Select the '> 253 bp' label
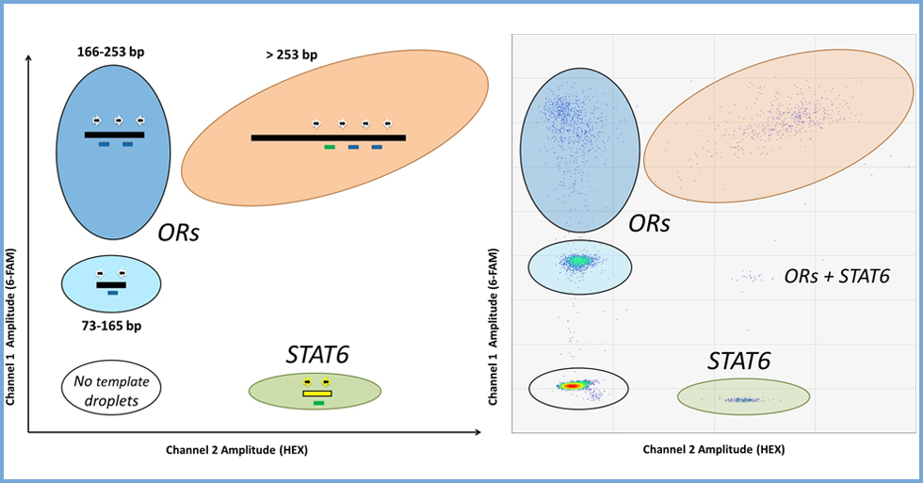tap(291, 55)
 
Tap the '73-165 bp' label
tap(111, 325)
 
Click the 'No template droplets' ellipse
tap(112, 388)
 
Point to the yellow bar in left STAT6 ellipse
tap(316, 393)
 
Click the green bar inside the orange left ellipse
tap(330, 148)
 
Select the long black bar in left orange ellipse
tap(328, 137)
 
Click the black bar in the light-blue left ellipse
tap(111, 284)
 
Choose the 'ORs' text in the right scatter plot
tap(650, 224)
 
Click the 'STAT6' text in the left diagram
tap(317, 355)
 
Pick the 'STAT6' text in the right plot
tap(739, 361)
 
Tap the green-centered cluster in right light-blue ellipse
tap(577, 261)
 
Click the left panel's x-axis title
tap(236, 450)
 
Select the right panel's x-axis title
tap(714, 450)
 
